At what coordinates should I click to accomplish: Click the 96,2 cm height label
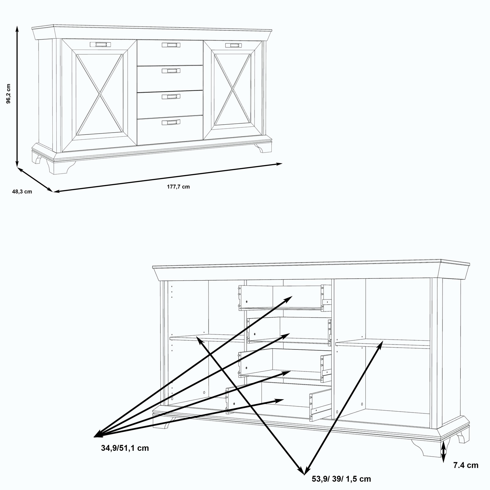pyautogui.click(x=9, y=94)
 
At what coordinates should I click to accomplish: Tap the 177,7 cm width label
pyautogui.click(x=178, y=187)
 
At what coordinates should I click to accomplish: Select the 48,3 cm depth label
pyautogui.click(x=22, y=192)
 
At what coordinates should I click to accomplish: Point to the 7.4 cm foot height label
pyautogui.click(x=466, y=465)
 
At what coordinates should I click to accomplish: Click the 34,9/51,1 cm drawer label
pyautogui.click(x=125, y=448)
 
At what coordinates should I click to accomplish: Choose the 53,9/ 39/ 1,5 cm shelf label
pyautogui.click(x=341, y=479)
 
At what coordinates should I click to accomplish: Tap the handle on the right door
pyautogui.click(x=232, y=45)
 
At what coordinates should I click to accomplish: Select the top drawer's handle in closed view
pyautogui.click(x=171, y=45)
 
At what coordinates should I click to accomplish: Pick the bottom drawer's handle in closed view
pyautogui.click(x=171, y=123)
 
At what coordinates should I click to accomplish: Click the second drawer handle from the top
pyautogui.click(x=171, y=71)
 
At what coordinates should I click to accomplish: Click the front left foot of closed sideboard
pyautogui.click(x=54, y=167)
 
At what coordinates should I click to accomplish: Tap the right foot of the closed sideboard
pyautogui.click(x=264, y=149)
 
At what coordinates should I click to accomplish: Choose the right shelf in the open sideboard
pyautogui.click(x=383, y=343)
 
